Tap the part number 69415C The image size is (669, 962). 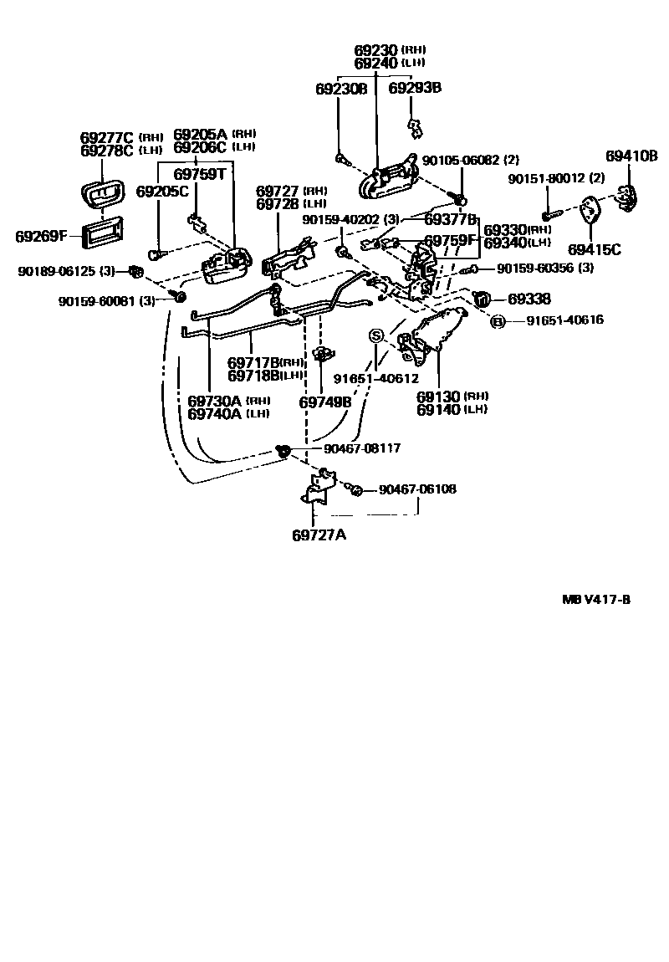(595, 248)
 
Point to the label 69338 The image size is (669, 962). (529, 299)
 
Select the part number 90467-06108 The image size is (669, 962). (417, 489)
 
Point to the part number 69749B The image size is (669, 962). (325, 402)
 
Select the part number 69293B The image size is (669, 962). (416, 89)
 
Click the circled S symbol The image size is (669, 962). (376, 335)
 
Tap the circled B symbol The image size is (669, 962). (496, 321)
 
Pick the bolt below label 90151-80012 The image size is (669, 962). (548, 209)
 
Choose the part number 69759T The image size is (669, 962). (200, 174)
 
